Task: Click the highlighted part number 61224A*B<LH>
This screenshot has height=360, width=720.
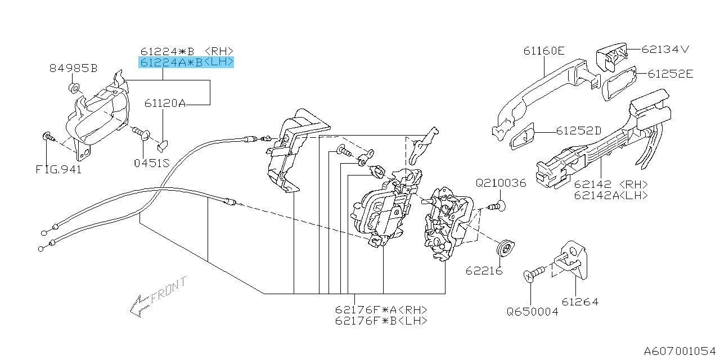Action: coord(186,62)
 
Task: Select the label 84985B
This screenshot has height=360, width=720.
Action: coord(73,69)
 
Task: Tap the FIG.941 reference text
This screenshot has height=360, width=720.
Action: coord(58,169)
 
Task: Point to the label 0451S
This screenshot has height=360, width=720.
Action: coord(151,163)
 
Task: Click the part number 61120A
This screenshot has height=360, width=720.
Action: coord(165,103)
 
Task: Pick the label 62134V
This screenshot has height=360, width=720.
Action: coord(665,49)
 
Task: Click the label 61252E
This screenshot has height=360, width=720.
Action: coord(670,73)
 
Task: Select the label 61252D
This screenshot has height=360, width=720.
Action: coord(579,130)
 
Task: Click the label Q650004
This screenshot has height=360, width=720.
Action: coord(532,311)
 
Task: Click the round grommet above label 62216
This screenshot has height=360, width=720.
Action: coord(506,247)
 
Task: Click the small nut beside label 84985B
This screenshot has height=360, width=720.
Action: coord(73,87)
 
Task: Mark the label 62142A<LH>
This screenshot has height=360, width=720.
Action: coord(611,195)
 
